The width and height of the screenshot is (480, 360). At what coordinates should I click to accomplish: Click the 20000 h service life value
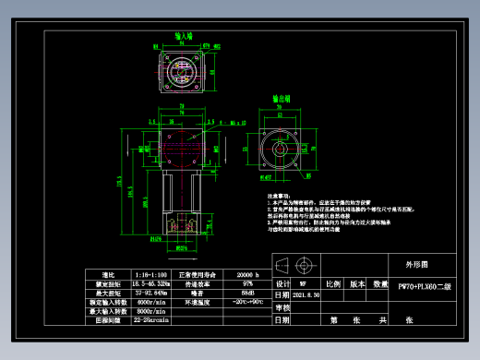coord(247,275)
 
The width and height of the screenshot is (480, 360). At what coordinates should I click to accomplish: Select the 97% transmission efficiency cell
coord(247,284)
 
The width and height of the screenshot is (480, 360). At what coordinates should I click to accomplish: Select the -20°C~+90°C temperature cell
coord(247,302)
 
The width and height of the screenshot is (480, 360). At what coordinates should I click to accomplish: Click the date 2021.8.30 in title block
coord(307,296)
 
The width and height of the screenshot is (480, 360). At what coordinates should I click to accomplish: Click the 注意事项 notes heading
coord(279,196)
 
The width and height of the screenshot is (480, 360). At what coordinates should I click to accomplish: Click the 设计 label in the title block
coord(283,284)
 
